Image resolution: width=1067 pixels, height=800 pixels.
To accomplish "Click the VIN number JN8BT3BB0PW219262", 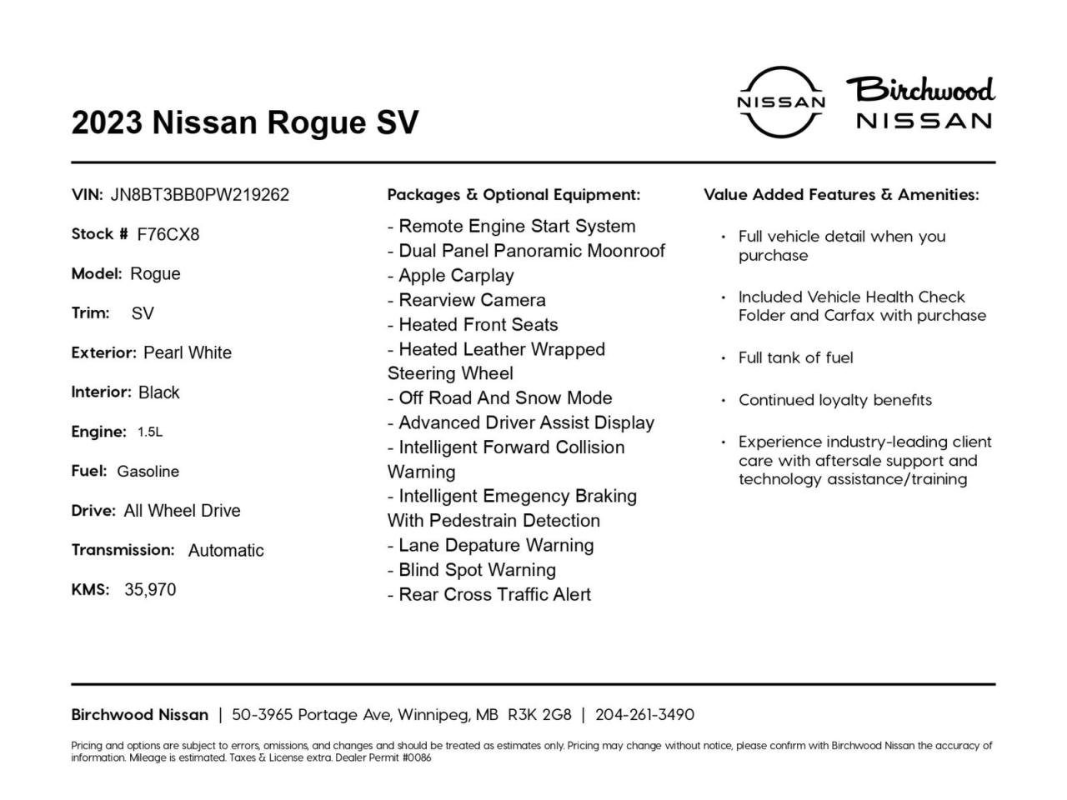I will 199,195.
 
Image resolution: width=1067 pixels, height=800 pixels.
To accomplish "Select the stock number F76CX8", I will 168,234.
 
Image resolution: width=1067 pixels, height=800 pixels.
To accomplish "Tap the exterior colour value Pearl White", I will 188,352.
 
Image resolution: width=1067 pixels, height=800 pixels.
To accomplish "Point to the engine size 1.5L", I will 150,432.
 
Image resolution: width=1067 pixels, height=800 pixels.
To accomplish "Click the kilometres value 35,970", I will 150,590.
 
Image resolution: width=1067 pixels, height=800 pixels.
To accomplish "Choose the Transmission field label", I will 123,550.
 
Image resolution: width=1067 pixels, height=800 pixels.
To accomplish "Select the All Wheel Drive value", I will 182,511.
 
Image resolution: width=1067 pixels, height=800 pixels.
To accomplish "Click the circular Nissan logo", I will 781,102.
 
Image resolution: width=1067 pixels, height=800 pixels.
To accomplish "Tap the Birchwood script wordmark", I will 921,88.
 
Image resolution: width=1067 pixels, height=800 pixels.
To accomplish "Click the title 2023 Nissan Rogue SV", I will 245,122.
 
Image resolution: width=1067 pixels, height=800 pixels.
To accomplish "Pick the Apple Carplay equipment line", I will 451,276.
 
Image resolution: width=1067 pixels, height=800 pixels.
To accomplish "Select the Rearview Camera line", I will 467,300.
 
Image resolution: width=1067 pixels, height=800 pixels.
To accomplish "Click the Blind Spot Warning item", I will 472,570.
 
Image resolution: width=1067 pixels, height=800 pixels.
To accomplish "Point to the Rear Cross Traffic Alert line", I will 489,595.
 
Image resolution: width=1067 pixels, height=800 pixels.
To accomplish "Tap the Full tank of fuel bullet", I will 795,357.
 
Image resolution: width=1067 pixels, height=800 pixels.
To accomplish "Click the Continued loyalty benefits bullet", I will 834,400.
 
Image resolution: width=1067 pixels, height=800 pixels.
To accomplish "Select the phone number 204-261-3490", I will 644,715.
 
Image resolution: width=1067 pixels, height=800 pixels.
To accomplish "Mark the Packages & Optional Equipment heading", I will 513,195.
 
